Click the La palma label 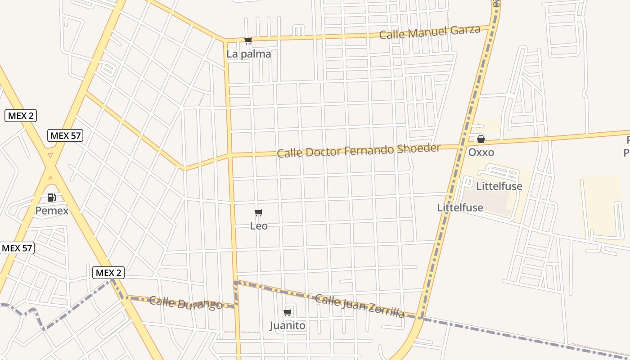248,54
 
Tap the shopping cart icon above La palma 248,41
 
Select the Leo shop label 259,226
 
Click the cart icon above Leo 258,213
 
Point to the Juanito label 288,325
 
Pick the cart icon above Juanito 288,312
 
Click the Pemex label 52,211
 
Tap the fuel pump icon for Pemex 52,198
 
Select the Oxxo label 481,152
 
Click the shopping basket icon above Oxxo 481,139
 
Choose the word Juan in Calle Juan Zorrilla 352,302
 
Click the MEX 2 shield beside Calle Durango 108,273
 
